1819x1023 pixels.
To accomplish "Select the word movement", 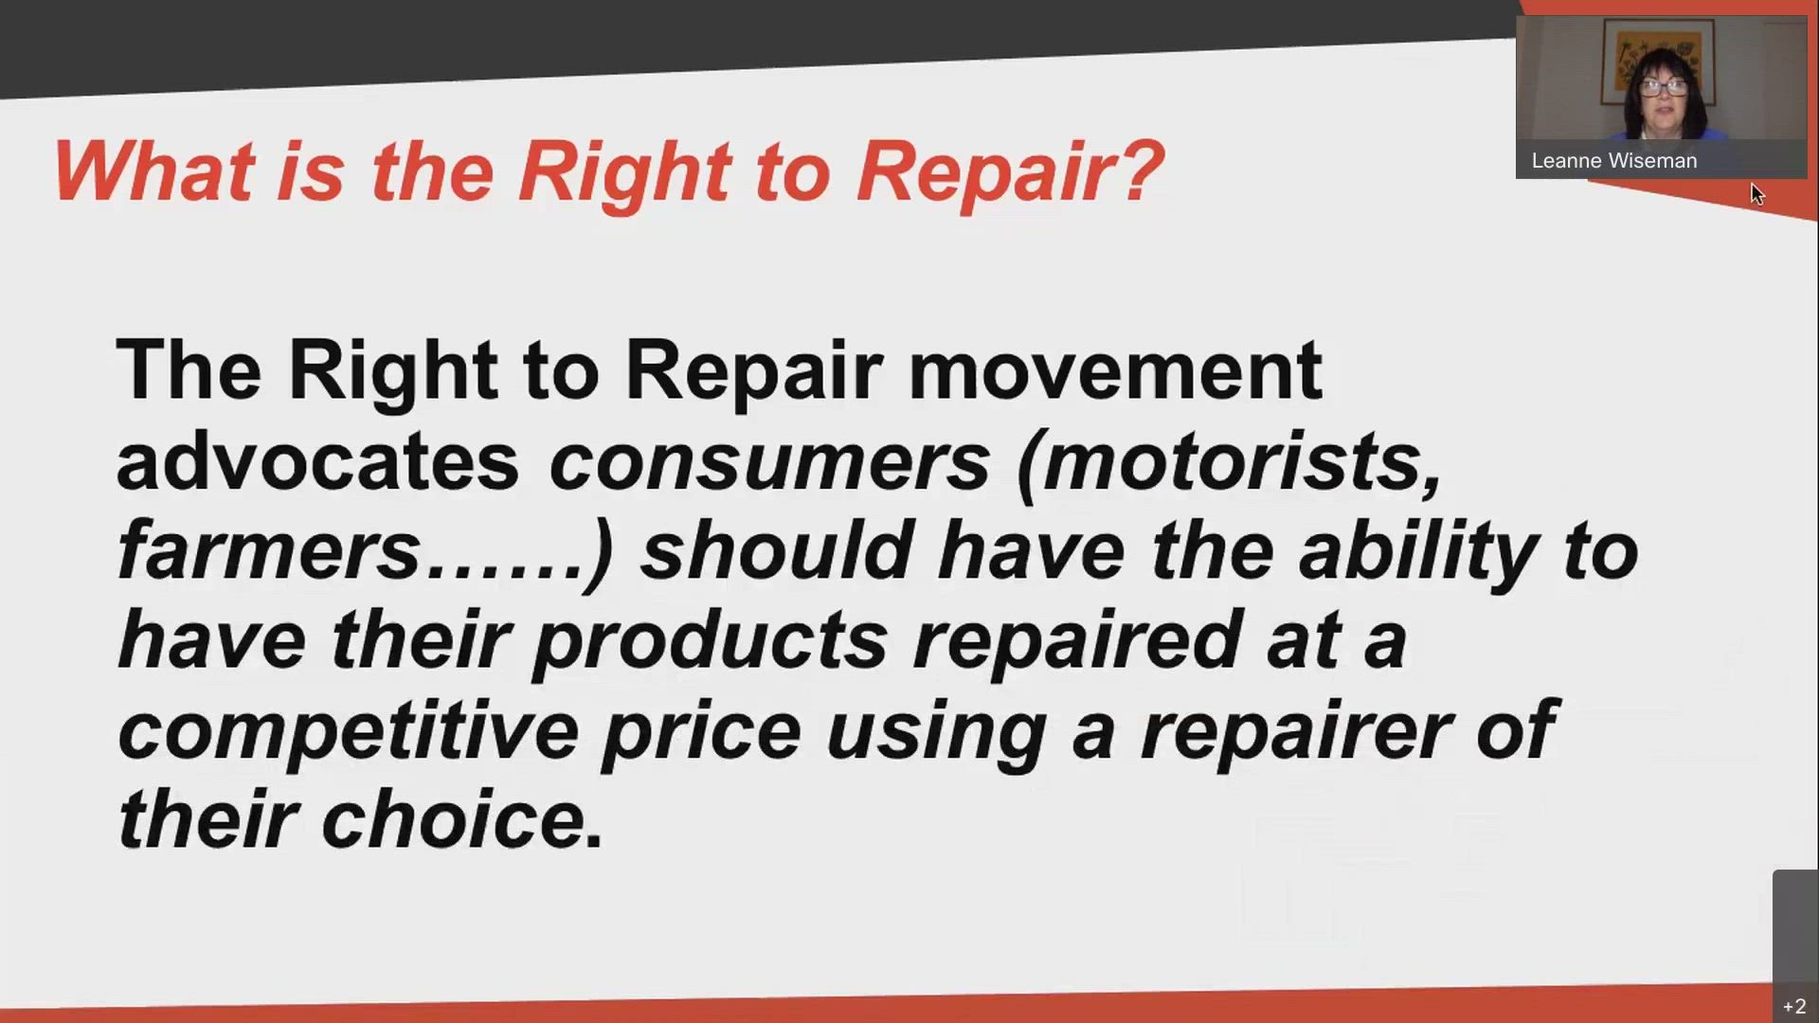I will click(1115, 370).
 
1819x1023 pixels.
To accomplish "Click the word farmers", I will click(269, 550).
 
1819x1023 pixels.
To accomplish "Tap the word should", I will click(776, 550).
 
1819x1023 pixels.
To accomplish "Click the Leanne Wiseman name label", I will click(1613, 161).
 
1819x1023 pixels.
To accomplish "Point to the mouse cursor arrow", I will click(1756, 193).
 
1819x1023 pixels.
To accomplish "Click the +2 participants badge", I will click(1794, 1006).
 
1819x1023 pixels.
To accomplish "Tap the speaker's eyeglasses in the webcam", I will click(1663, 87).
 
